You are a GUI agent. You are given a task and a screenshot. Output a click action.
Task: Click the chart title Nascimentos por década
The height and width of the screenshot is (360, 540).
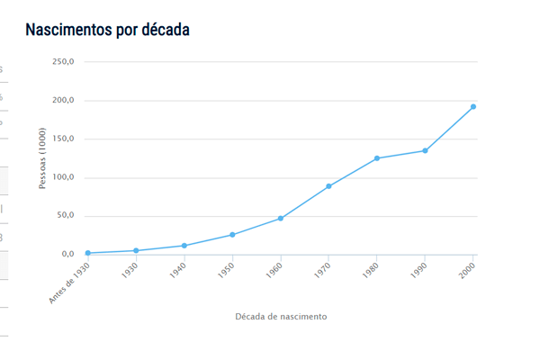[107, 30]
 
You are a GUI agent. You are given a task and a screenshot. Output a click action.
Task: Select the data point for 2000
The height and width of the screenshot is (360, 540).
[473, 107]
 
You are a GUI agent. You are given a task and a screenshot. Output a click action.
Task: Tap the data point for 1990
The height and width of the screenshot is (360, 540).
[425, 150]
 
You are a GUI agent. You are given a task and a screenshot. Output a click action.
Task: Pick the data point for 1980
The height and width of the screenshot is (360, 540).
[377, 158]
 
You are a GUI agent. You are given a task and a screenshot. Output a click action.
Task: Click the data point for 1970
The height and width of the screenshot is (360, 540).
[328, 186]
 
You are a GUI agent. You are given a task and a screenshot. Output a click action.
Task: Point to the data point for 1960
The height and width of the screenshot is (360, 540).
[281, 219]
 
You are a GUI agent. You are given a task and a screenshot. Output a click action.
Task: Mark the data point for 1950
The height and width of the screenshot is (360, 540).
[232, 235]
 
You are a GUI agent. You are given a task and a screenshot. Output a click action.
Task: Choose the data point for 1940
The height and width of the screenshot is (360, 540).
[184, 246]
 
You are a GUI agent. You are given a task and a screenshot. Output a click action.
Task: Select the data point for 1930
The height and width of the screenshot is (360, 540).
[136, 251]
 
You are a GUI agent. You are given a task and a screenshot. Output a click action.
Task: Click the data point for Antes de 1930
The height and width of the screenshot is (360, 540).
[87, 253]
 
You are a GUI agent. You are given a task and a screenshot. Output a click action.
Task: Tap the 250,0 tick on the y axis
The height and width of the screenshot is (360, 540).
[63, 62]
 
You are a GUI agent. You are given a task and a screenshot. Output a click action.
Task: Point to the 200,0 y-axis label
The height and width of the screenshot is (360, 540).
[63, 101]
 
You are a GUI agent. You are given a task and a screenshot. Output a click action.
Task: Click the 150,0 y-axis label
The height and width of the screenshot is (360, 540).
[63, 139]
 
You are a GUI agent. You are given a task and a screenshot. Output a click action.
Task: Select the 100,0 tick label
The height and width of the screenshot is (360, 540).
[63, 177]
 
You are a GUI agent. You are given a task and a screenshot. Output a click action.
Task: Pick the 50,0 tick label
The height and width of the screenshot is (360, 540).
[65, 216]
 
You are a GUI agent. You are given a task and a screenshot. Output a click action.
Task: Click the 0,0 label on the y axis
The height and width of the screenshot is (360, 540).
[67, 255]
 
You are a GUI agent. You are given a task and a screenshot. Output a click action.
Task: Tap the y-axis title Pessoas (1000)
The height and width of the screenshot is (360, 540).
[42, 158]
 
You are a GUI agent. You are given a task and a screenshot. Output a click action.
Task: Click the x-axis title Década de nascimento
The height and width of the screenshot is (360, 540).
[281, 317]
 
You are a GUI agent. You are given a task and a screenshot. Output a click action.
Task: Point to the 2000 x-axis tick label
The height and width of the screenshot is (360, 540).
[466, 271]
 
